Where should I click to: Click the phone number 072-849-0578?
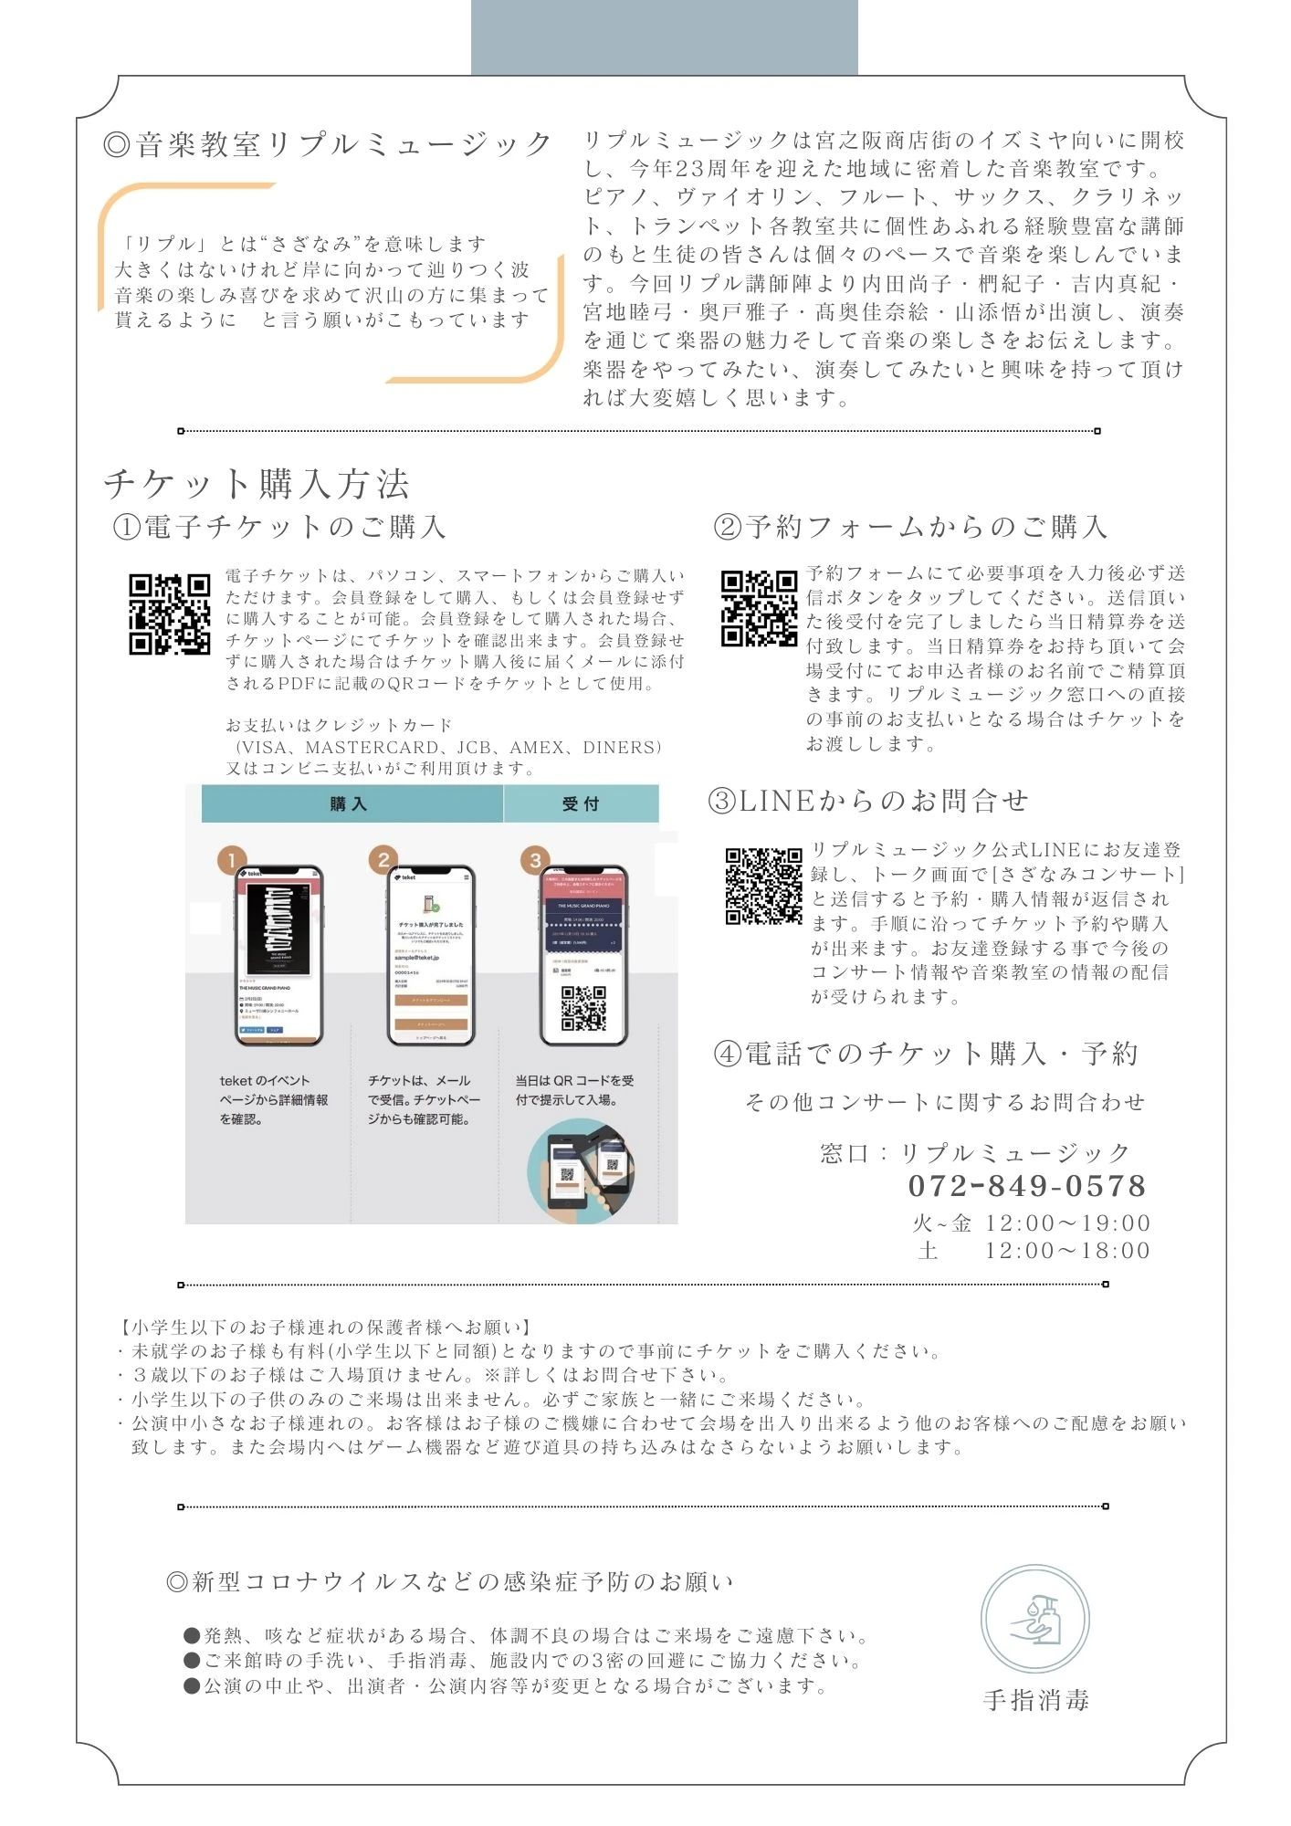pos(1026,1186)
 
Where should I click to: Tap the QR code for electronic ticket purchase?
pos(170,614)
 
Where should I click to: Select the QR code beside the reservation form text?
pos(759,608)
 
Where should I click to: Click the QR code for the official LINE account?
pos(763,886)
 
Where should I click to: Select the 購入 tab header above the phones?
pos(351,803)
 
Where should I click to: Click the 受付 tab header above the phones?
pos(581,803)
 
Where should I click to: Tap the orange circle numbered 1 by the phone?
pos(232,860)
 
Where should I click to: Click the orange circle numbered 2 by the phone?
pos(383,860)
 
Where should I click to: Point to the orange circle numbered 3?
pos(535,860)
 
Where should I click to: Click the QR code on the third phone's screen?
pos(583,1007)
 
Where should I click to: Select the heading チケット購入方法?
pos(257,484)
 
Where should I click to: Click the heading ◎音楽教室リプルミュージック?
pos(328,144)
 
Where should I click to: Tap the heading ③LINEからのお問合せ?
pos(868,801)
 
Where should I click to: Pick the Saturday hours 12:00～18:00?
pos(1066,1250)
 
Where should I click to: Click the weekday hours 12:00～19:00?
pos(1066,1223)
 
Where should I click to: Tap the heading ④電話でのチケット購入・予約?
pos(926,1054)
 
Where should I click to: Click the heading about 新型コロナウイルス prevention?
pos(450,1581)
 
